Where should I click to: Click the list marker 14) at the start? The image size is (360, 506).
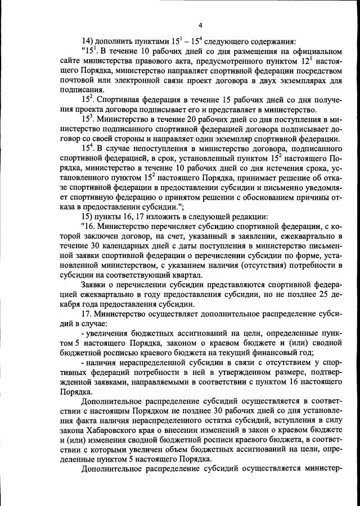pyautogui.click(x=87, y=42)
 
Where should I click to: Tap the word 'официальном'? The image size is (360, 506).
pyautogui.click(x=313, y=52)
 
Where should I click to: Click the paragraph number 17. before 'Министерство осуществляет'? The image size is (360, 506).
pyautogui.click(x=87, y=316)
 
